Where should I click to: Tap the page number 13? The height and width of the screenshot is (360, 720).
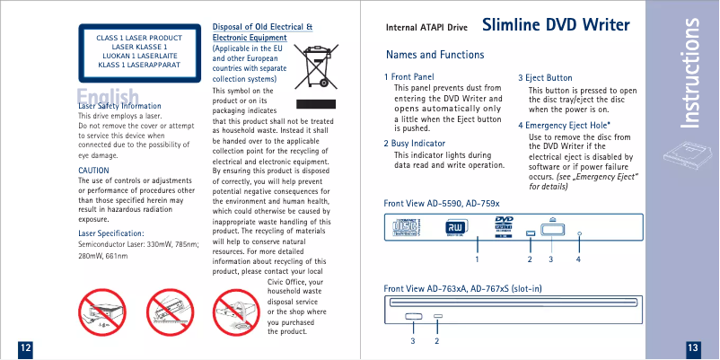(x=692, y=347)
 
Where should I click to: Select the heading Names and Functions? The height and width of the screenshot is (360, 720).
(x=435, y=55)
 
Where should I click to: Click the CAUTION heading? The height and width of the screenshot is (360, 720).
(x=94, y=170)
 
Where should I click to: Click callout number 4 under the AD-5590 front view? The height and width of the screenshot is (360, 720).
(x=579, y=259)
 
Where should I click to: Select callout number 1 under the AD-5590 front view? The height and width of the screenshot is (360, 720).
(x=477, y=259)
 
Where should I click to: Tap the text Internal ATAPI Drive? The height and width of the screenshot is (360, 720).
(x=426, y=28)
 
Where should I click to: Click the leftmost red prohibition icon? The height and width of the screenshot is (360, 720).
(x=103, y=313)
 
